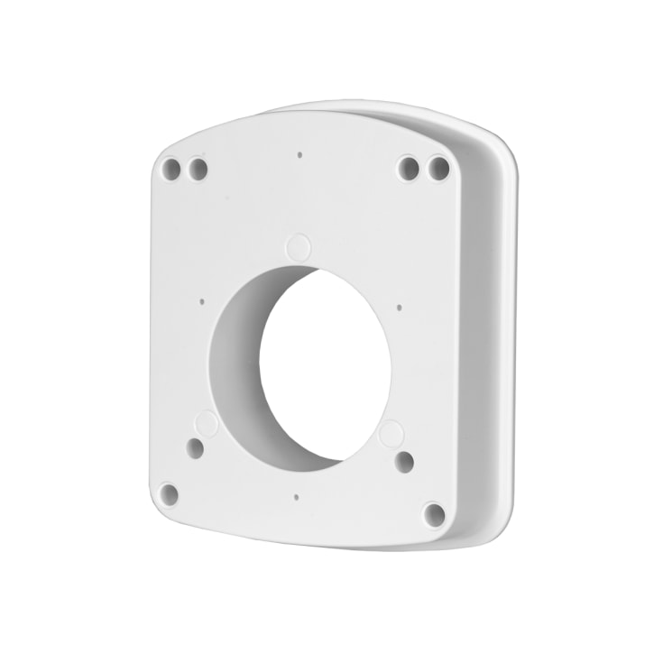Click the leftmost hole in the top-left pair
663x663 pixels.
coord(170,168)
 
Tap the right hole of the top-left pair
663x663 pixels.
coord(198,169)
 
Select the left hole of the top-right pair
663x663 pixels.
coord(409,168)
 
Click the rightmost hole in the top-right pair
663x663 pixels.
coord(438,167)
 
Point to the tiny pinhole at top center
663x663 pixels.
coord(299,154)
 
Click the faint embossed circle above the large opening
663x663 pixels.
coord(298,245)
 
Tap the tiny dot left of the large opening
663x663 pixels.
coord(202,302)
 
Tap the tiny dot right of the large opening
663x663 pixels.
coord(400,307)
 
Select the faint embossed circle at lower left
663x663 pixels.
coord(207,423)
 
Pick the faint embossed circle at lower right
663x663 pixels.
coord(391,434)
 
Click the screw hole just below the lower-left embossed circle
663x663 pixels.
coord(195,447)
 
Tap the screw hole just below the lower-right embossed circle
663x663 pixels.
coord(404,462)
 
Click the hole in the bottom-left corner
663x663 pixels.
coord(167,493)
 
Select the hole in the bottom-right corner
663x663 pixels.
coord(434,514)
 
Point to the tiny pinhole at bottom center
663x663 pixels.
coord(296,494)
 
